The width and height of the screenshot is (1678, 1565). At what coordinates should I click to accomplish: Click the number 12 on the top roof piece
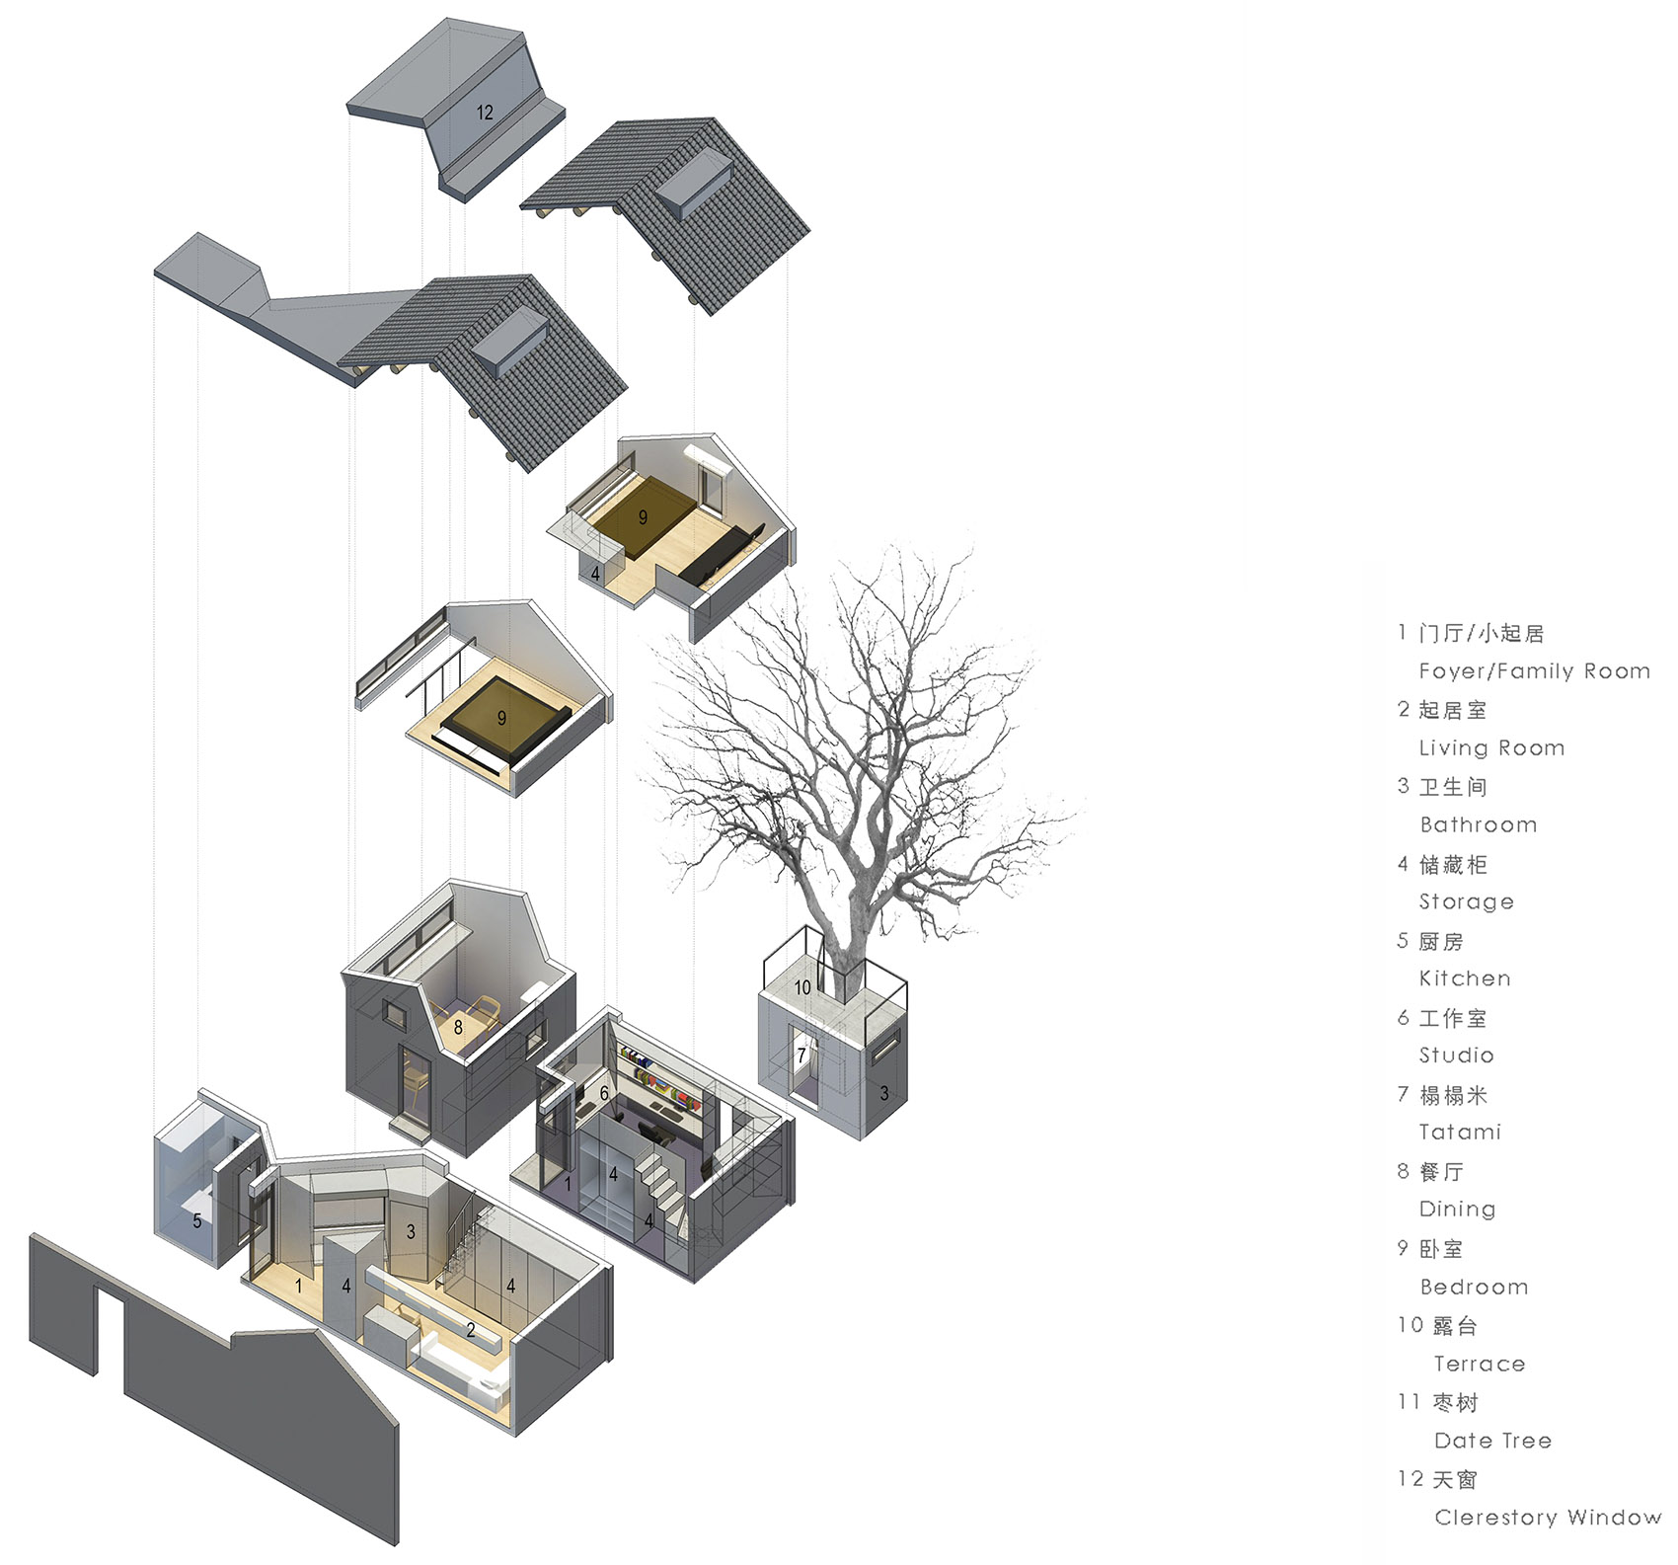point(485,113)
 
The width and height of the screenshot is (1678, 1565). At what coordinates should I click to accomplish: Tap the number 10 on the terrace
point(802,987)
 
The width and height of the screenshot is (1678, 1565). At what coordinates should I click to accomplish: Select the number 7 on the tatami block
point(801,1056)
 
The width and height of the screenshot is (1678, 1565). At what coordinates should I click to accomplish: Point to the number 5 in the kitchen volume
point(197,1221)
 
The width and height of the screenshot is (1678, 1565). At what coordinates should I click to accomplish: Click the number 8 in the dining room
point(458,1028)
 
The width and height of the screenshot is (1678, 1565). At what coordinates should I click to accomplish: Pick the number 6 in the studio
point(604,1093)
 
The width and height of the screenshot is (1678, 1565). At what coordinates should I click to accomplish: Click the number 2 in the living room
point(471,1331)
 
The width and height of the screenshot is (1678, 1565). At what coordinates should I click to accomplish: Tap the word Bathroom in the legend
point(1478,824)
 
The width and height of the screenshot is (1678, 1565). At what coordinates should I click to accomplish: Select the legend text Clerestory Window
point(1548,1518)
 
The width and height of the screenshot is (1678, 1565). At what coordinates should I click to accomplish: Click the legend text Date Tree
point(1492,1441)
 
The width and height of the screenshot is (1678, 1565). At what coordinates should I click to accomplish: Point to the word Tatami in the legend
point(1460,1133)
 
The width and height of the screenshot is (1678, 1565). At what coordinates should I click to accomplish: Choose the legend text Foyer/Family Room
point(1535,671)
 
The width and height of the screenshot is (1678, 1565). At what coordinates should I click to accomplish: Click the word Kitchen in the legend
point(1465,978)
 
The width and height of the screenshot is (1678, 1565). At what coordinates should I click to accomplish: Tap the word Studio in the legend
point(1456,1056)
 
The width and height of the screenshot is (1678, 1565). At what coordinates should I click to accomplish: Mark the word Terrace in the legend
point(1480,1364)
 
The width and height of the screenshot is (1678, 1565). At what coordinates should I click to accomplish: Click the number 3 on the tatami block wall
point(884,1093)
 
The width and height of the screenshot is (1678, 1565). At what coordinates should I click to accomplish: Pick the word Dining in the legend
point(1457,1210)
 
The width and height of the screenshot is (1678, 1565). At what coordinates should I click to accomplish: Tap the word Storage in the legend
point(1466,901)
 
